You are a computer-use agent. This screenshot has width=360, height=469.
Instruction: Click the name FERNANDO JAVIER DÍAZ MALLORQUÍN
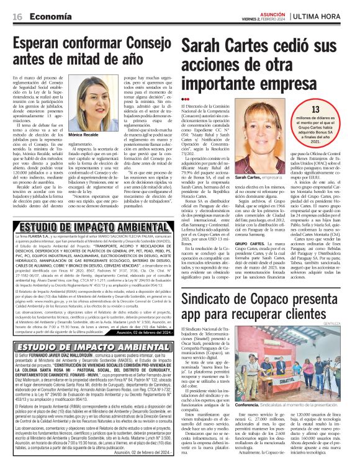(x=68, y=357)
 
